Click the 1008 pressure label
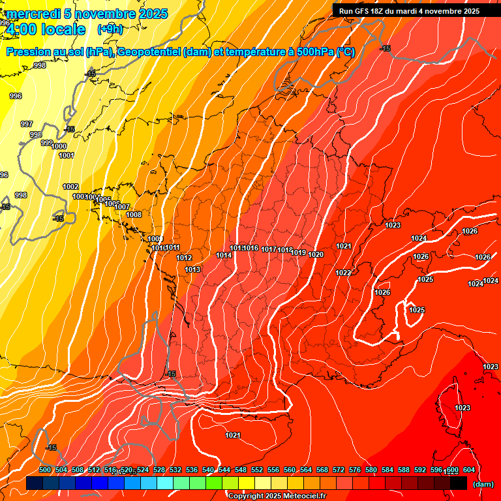click(x=134, y=215)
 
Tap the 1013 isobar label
click(x=192, y=269)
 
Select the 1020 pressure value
click(x=316, y=254)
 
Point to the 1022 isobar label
click(x=343, y=273)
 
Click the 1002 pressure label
click(x=70, y=187)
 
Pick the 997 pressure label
click(x=27, y=124)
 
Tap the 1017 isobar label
click(x=269, y=250)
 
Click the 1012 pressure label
click(x=184, y=258)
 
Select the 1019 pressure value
click(x=299, y=252)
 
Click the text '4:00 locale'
click(x=45, y=29)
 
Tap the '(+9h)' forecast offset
click(x=110, y=29)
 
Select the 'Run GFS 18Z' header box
click(x=409, y=11)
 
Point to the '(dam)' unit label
click(x=483, y=484)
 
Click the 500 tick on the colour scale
click(x=45, y=470)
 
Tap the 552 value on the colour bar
click(x=257, y=470)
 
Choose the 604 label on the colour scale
click(x=468, y=470)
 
